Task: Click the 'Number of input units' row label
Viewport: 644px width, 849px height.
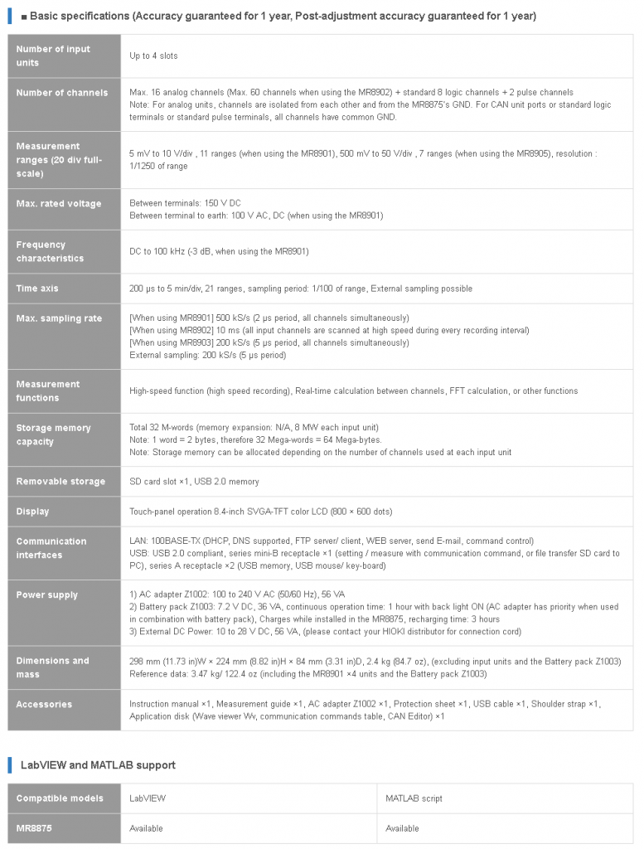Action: coord(53,56)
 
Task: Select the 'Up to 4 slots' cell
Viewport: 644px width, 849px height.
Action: coord(153,56)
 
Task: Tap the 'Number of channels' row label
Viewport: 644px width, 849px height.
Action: coord(61,93)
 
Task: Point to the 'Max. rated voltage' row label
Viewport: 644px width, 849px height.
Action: coord(58,204)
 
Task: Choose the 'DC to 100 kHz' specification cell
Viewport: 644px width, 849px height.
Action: coord(219,251)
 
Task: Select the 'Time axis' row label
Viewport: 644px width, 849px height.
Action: coord(37,289)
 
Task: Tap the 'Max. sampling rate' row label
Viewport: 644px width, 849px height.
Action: coord(59,318)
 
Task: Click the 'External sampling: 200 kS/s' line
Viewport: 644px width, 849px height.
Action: coord(207,355)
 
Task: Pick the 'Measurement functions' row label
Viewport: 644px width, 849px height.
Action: coord(48,391)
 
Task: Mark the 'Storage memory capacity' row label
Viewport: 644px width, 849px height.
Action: coord(53,434)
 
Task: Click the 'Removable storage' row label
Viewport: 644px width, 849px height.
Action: coord(61,482)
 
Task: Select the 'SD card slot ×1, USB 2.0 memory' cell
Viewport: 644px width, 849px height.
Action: coord(194,482)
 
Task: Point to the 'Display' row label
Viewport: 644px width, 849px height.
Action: coord(32,512)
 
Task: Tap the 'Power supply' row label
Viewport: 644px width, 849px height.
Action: coord(46,595)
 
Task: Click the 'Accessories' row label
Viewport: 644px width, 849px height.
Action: coord(44,705)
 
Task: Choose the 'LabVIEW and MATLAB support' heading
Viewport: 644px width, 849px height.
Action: coord(98,764)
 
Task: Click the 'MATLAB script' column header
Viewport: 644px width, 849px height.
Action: coord(414,798)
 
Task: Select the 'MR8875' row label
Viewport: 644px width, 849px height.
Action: coord(35,828)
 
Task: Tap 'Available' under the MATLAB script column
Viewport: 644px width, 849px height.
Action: coord(402,828)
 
